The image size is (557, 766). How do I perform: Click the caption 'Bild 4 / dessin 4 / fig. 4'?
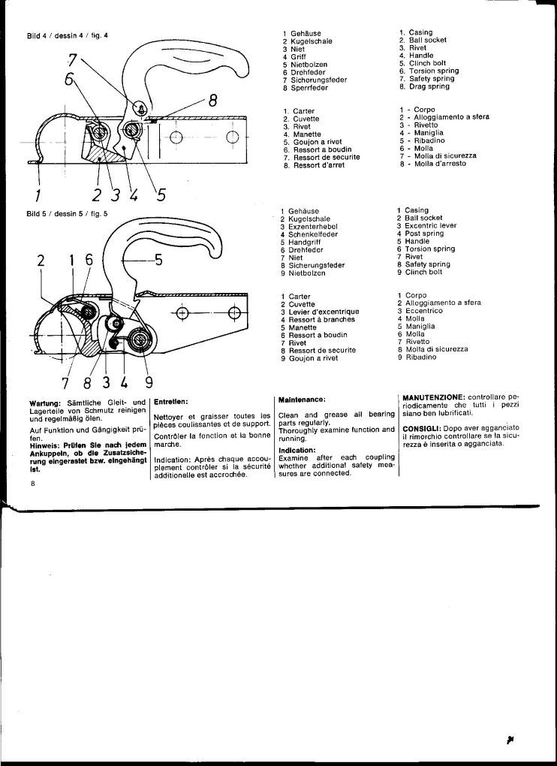(x=68, y=35)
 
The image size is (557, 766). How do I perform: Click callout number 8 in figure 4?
(x=213, y=101)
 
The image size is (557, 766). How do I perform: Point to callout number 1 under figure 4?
(x=38, y=195)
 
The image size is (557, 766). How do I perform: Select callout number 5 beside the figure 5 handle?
(x=158, y=260)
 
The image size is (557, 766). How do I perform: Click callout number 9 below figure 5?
(x=149, y=382)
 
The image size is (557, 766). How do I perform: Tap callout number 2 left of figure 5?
(x=41, y=261)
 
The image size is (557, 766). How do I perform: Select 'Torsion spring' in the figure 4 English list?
(x=434, y=71)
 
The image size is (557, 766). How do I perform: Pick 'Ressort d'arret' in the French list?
(x=319, y=165)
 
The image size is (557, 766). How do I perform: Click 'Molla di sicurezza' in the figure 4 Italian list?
(x=445, y=156)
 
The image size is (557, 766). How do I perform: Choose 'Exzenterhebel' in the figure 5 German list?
(x=312, y=227)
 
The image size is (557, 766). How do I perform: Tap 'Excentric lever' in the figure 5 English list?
(x=431, y=226)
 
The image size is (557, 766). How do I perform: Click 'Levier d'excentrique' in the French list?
(x=324, y=312)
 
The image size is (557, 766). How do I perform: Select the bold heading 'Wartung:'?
(x=45, y=403)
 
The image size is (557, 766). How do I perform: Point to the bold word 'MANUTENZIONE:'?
(x=433, y=398)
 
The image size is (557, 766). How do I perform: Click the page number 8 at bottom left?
(x=33, y=484)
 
